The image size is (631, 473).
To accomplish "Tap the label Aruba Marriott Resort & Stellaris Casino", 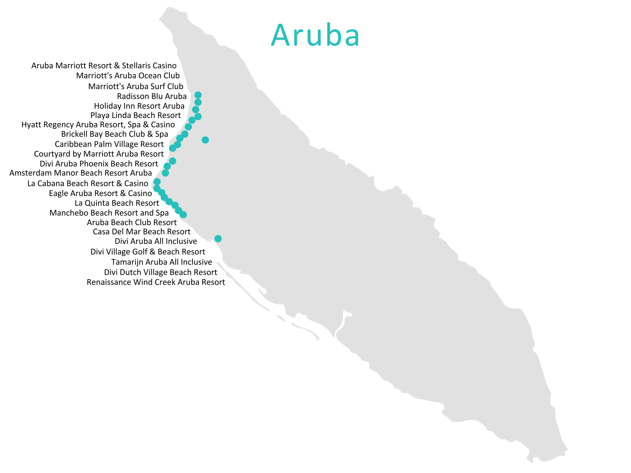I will (x=104, y=66).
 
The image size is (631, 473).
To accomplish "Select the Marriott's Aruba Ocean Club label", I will (x=128, y=76).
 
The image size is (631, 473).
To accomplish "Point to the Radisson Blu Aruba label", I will (x=152, y=96).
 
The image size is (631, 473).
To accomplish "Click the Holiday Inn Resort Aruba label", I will (x=139, y=106).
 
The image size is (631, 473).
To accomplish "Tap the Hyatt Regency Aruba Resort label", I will (x=98, y=125).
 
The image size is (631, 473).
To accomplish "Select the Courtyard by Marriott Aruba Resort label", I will (x=99, y=154).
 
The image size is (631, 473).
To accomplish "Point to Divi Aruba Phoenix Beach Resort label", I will (x=99, y=164).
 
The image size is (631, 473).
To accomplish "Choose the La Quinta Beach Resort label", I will (x=117, y=203).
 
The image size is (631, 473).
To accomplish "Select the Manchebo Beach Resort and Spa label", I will (x=109, y=213).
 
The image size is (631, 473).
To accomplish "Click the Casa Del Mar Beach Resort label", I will (x=141, y=232).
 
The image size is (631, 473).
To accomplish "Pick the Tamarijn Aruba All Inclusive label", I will (x=161, y=262).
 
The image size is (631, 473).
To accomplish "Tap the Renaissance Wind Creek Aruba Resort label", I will (x=156, y=282).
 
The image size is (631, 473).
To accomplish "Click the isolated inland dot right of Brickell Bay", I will (x=205, y=140).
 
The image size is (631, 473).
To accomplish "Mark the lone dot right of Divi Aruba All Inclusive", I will (x=218, y=239).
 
